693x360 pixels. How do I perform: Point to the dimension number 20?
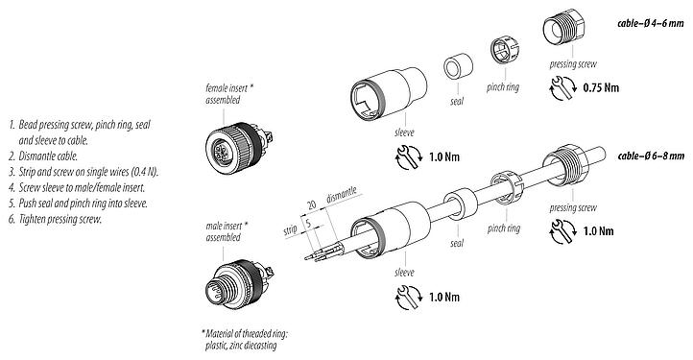[311, 204]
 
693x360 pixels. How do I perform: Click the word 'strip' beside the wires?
[288, 230]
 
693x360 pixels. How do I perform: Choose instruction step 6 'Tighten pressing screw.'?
[62, 219]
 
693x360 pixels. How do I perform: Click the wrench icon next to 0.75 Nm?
[563, 87]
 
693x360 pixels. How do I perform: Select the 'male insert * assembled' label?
[227, 231]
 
